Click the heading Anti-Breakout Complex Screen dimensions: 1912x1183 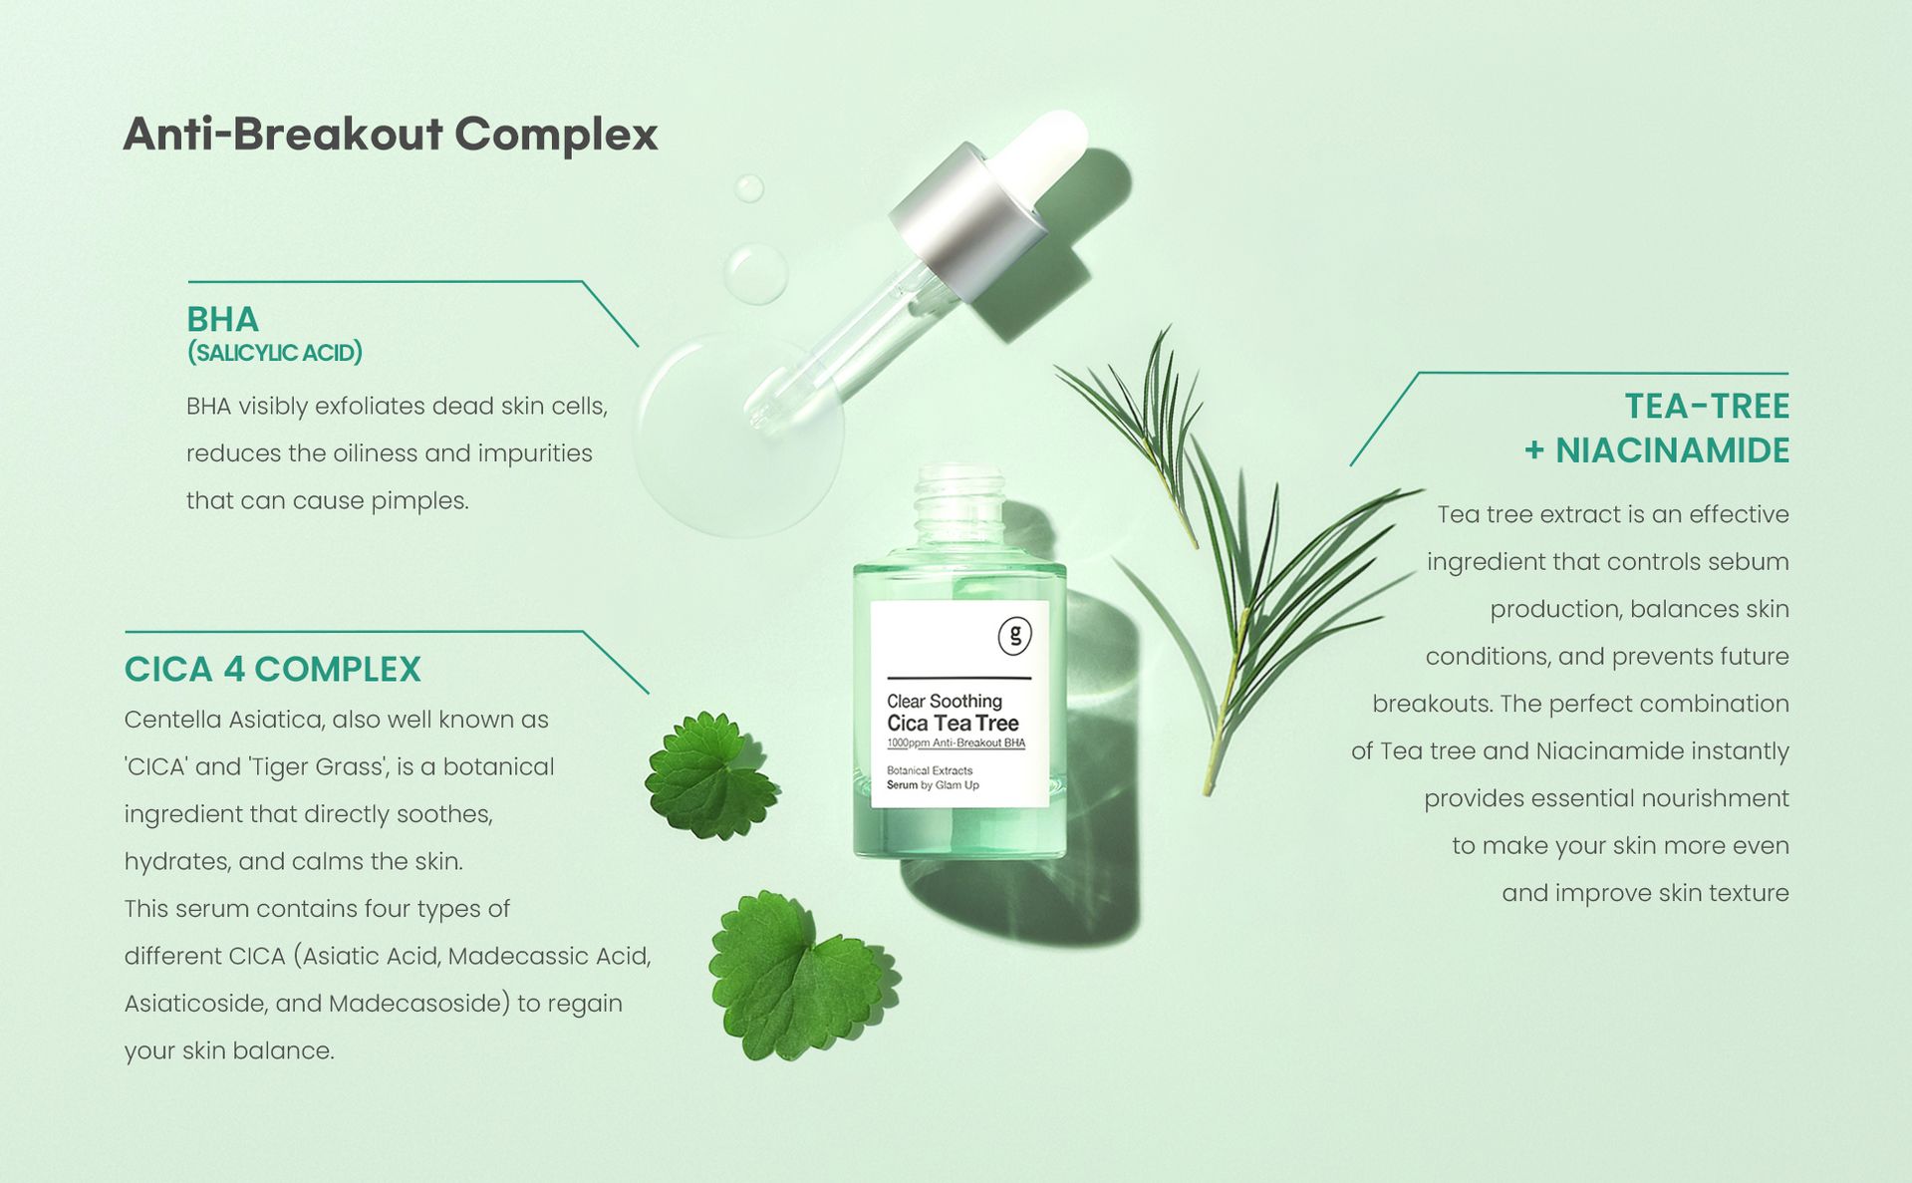[x=391, y=135]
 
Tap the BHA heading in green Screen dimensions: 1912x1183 [x=222, y=319]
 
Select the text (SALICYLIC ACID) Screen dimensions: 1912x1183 [x=275, y=353]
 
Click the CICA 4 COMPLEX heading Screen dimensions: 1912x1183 [x=272, y=669]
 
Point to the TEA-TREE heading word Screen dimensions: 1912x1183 [x=1707, y=406]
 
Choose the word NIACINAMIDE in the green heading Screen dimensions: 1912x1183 [x=1672, y=450]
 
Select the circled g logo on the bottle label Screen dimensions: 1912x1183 [x=1014, y=635]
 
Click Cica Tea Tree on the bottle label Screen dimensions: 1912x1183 [x=953, y=724]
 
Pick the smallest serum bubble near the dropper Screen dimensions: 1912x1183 [x=749, y=188]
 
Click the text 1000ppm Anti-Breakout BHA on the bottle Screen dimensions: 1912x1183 [x=956, y=743]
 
